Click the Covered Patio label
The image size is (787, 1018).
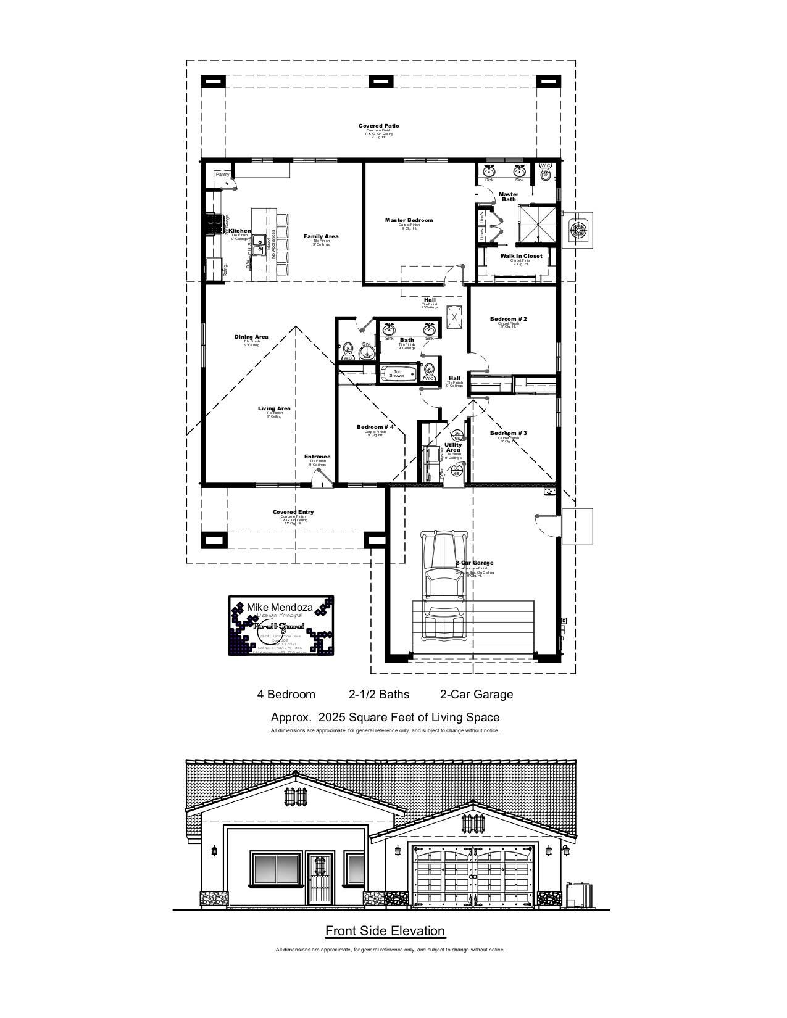click(378, 126)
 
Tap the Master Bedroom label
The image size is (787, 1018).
click(409, 220)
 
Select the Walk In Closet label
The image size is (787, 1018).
click(521, 256)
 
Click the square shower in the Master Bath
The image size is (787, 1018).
click(536, 225)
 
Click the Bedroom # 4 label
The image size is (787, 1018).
click(375, 428)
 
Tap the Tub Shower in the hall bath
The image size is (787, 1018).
click(397, 374)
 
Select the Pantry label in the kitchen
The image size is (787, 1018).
click(222, 175)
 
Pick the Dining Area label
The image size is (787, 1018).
click(251, 337)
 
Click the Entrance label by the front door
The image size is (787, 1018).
click(317, 457)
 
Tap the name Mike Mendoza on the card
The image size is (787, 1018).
click(280, 607)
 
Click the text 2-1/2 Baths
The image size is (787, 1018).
click(378, 695)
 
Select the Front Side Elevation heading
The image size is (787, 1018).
click(385, 931)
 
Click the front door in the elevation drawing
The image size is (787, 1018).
click(319, 880)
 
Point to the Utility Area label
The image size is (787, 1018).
click(453, 447)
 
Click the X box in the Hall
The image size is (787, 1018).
click(454, 317)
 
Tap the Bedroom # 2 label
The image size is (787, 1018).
click(508, 319)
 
